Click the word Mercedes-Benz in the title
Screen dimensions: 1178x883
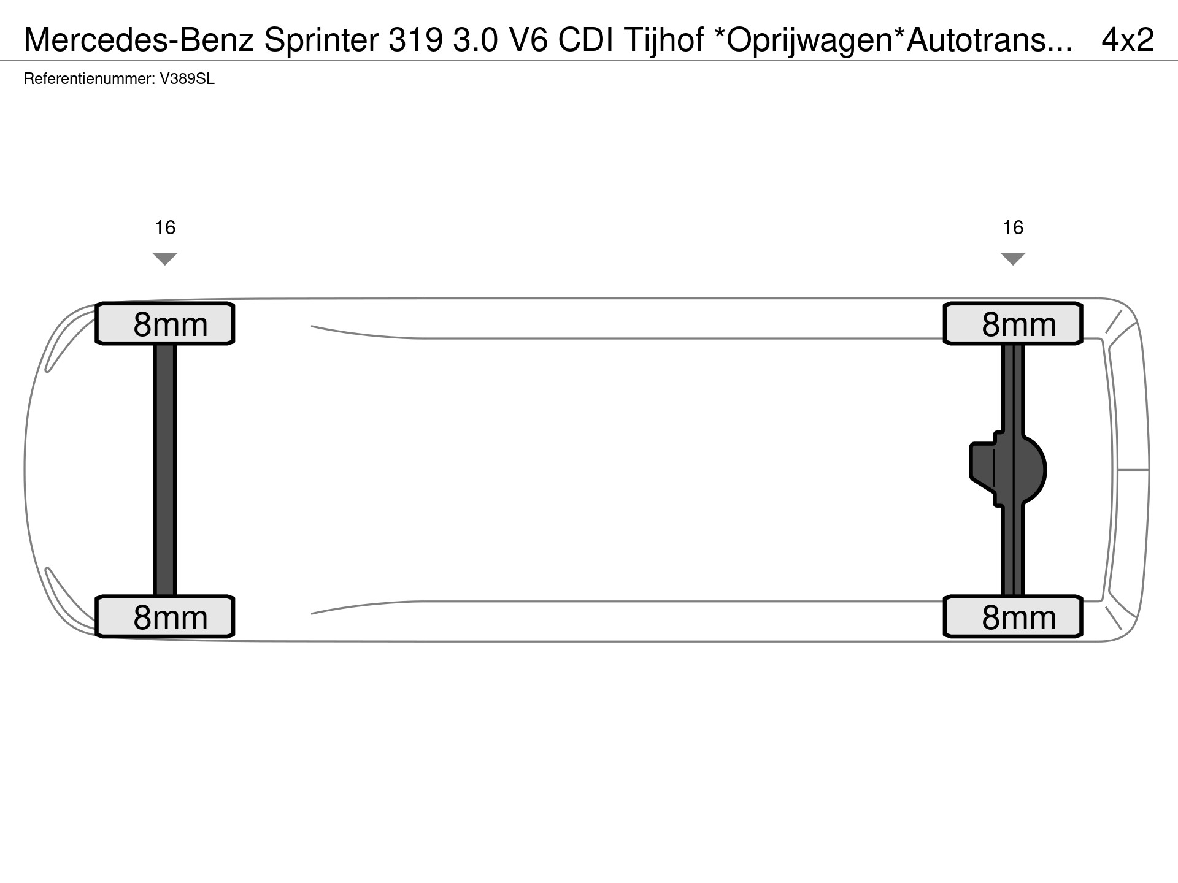139,40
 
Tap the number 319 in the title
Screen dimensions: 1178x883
415,40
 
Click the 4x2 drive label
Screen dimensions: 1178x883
1128,40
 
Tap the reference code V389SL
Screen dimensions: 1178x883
187,79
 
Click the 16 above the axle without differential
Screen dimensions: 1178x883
165,228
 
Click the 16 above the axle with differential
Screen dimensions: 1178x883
1013,228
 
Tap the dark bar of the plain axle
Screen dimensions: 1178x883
164,470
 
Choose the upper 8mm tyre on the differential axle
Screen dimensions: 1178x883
1013,323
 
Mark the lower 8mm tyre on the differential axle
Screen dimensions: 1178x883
1013,616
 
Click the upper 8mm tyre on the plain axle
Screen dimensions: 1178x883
165,323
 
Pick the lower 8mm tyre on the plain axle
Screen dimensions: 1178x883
165,616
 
